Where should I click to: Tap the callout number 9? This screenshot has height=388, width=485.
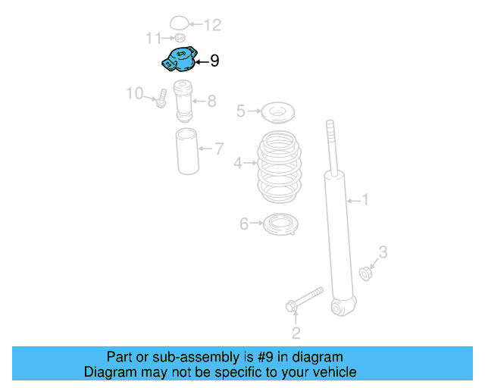click(214, 61)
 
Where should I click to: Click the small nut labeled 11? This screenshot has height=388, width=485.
click(180, 38)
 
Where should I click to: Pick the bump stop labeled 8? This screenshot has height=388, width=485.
click(183, 100)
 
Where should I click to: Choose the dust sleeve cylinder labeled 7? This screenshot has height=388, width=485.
click(186, 153)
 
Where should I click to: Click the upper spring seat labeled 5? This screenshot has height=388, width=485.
click(277, 114)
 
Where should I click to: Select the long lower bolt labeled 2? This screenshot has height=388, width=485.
click(304, 299)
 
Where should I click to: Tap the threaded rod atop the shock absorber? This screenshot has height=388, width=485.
click(331, 144)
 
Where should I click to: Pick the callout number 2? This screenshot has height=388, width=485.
click(296, 332)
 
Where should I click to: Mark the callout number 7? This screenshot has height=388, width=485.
click(218, 149)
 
